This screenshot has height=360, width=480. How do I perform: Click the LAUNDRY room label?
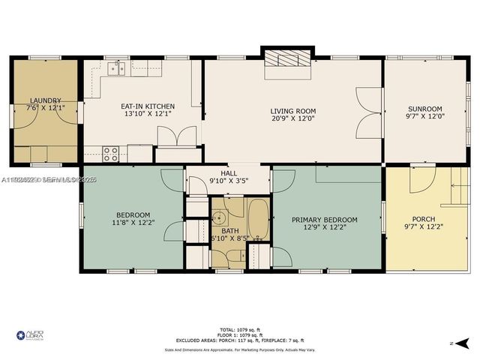tap(45, 100)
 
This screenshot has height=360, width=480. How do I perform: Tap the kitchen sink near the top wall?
tap(115, 69)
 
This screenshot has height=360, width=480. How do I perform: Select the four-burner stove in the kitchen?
tap(111, 154)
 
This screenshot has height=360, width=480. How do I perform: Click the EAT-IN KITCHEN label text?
tap(147, 106)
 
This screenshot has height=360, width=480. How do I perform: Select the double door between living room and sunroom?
tap(369, 109)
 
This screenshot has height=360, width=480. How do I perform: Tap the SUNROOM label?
tap(424, 108)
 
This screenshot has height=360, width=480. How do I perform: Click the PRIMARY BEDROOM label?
tap(325, 220)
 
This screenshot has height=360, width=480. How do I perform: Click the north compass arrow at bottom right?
tap(462, 343)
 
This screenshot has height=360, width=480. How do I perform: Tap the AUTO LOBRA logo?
tap(29, 334)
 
